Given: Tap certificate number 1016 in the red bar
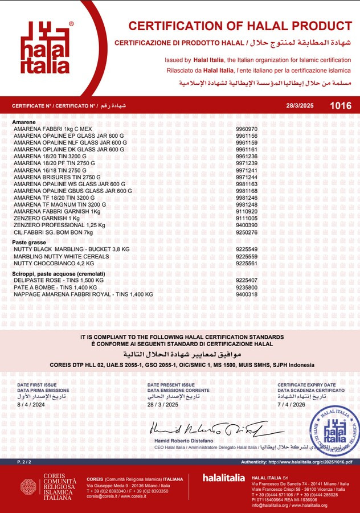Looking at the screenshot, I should coord(341,106).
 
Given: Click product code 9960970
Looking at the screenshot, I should coord(247,129).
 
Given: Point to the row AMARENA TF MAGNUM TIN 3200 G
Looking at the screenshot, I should coord(60,204).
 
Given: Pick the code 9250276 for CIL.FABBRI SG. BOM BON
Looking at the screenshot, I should coord(247,232).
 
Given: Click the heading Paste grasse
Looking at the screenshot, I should coord(28,243).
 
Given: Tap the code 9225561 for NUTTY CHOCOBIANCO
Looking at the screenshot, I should coord(247,263).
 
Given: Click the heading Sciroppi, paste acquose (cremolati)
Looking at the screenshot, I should coord(59,274).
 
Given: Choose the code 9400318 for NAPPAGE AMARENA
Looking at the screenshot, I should coord(247,294).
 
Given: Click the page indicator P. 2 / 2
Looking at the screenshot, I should coord(23,462).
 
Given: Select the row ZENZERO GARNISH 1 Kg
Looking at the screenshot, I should coord(47,218).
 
